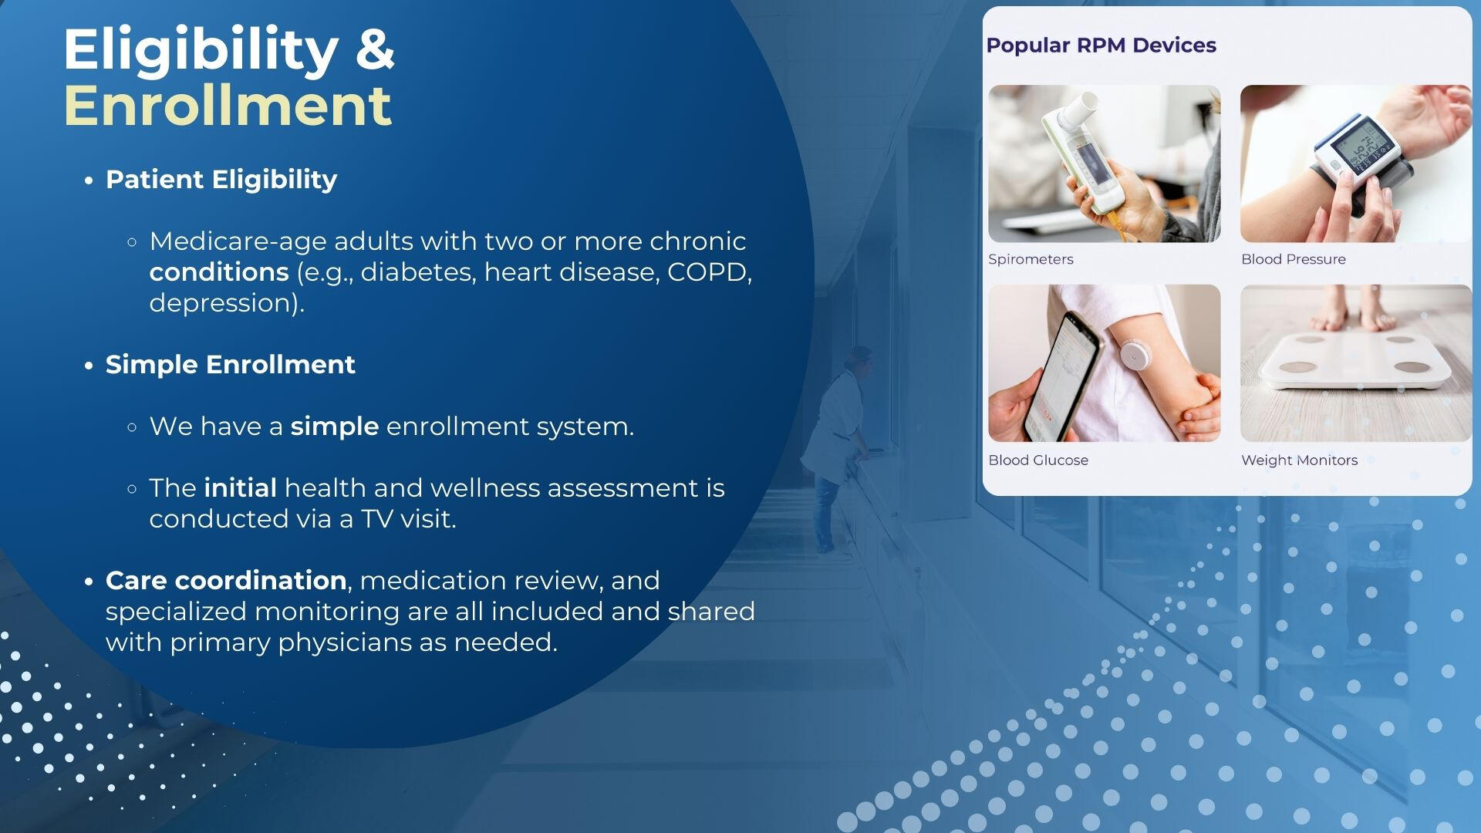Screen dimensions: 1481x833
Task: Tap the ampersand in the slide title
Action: point(375,50)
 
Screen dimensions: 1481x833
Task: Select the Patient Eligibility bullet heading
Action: point(221,180)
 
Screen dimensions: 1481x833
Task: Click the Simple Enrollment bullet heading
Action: point(230,365)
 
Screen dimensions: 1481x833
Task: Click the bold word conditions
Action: point(219,272)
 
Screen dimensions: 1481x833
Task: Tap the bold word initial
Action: point(241,488)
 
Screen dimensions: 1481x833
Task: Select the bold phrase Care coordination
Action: point(226,580)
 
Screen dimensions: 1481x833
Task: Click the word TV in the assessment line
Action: point(377,519)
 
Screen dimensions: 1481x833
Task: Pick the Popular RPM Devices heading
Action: point(1101,46)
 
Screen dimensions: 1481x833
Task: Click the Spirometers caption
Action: point(1031,259)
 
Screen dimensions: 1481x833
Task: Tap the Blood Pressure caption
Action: point(1293,259)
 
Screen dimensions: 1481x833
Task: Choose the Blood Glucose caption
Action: point(1038,460)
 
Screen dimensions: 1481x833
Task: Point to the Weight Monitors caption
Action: point(1299,460)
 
